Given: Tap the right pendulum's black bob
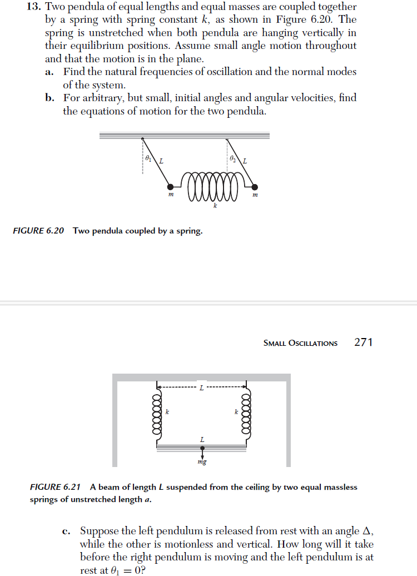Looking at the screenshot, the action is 254,187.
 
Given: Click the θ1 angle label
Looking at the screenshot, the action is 148,158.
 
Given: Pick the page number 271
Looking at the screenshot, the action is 363,342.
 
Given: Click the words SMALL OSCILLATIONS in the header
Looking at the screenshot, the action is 300,343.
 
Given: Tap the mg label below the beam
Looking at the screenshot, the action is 201,461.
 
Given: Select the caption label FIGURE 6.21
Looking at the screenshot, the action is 55,487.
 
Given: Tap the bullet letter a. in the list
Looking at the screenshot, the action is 49,72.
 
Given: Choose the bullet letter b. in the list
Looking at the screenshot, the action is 50,98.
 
